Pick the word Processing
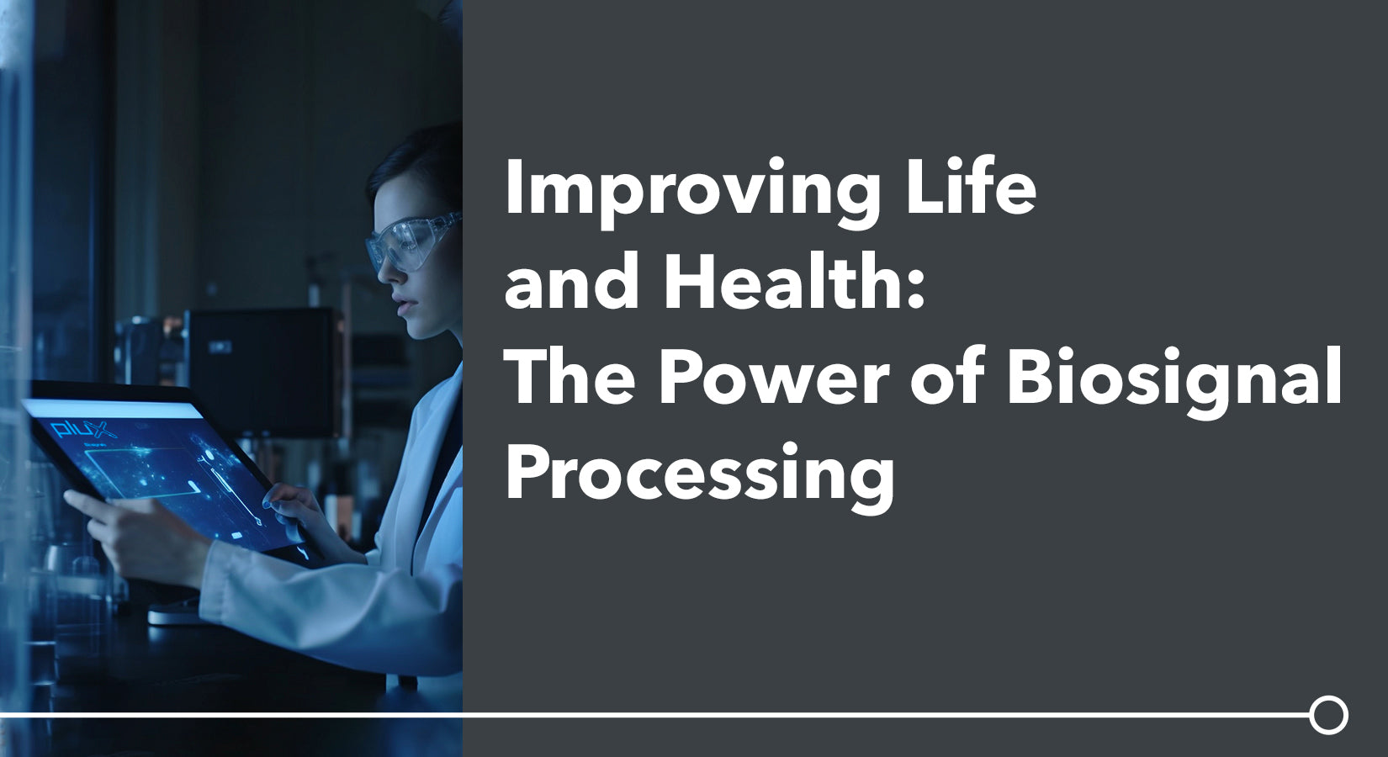700,473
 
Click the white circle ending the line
1328,715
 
